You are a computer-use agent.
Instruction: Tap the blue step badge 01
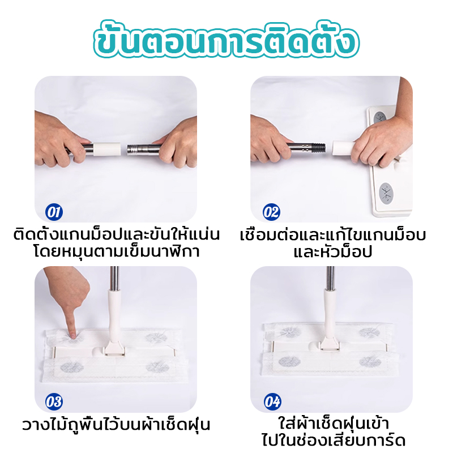point(54,212)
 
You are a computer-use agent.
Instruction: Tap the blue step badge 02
point(271,212)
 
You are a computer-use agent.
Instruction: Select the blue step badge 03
point(54,402)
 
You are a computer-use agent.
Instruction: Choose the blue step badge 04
point(272,402)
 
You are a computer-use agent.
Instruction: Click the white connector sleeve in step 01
point(106,149)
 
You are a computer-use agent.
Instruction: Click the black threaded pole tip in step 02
point(318,148)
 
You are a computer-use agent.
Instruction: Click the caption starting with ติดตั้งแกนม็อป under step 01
point(117,242)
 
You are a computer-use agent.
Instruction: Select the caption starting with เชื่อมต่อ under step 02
point(333,243)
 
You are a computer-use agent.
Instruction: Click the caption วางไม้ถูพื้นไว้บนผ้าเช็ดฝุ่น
point(116,425)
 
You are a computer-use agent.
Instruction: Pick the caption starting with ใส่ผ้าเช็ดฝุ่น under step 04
point(334,431)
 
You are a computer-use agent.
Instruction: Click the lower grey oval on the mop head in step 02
point(387,193)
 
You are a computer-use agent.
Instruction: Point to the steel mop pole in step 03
point(114,278)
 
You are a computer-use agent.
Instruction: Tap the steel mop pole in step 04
point(330,278)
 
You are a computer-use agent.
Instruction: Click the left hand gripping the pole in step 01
point(59,139)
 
